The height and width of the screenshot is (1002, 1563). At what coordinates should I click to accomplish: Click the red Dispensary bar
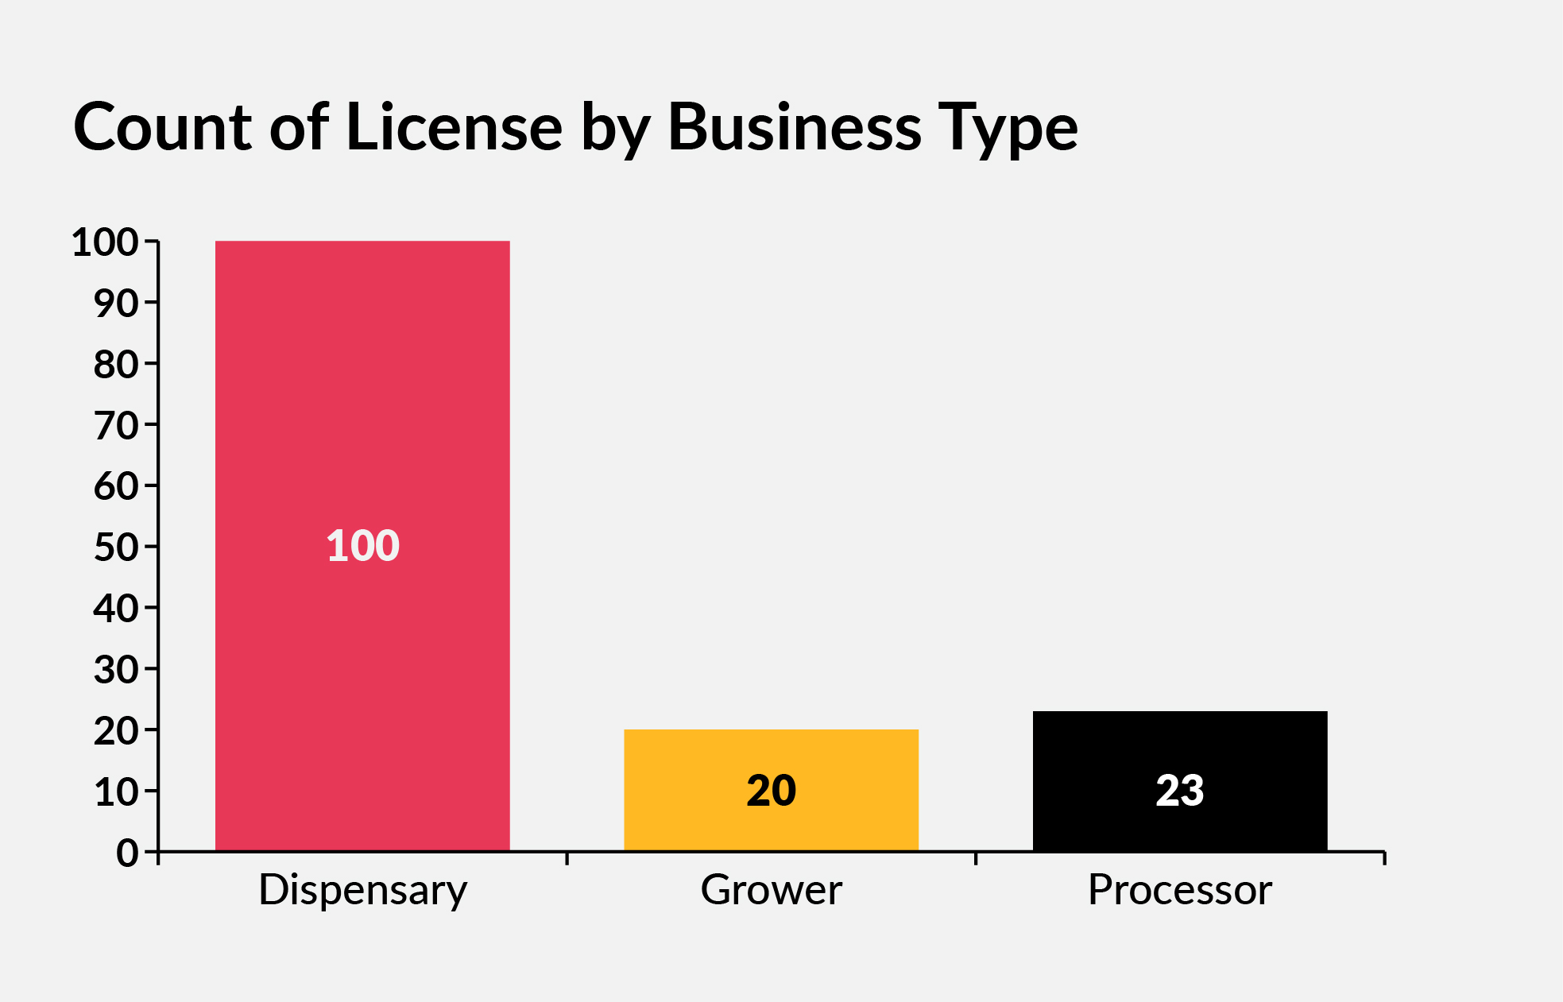pyautogui.click(x=362, y=397)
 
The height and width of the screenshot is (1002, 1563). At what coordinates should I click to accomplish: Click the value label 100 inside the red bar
pyautogui.click(x=362, y=546)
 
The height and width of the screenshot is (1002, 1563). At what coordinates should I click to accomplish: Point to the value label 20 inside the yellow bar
pyautogui.click(x=771, y=791)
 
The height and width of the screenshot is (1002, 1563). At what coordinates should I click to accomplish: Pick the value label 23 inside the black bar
pyautogui.click(x=1180, y=791)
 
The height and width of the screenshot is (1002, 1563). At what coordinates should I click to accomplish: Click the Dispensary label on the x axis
pyautogui.click(x=362, y=890)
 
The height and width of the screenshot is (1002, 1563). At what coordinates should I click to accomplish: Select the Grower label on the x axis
pyautogui.click(x=771, y=890)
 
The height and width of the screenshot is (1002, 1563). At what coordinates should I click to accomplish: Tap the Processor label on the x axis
pyautogui.click(x=1180, y=890)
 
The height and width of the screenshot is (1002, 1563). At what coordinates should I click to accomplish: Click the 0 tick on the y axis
pyautogui.click(x=127, y=853)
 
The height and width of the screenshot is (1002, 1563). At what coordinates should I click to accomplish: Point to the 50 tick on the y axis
pyautogui.click(x=116, y=547)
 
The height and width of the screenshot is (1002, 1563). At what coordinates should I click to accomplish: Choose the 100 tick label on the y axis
pyautogui.click(x=105, y=242)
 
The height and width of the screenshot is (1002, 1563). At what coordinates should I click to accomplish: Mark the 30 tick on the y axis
pyautogui.click(x=116, y=670)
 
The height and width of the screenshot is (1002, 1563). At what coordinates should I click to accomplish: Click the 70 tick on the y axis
pyautogui.click(x=116, y=426)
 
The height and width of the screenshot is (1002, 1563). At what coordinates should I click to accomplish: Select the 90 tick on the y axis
pyautogui.click(x=116, y=304)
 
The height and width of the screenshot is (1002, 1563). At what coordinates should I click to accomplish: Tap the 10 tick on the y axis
pyautogui.click(x=116, y=792)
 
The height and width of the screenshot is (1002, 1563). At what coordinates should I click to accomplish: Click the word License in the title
pyautogui.click(x=454, y=127)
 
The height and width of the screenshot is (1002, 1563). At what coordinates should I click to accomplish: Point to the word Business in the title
pyautogui.click(x=795, y=127)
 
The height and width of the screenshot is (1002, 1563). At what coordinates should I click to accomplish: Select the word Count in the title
pyautogui.click(x=162, y=127)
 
